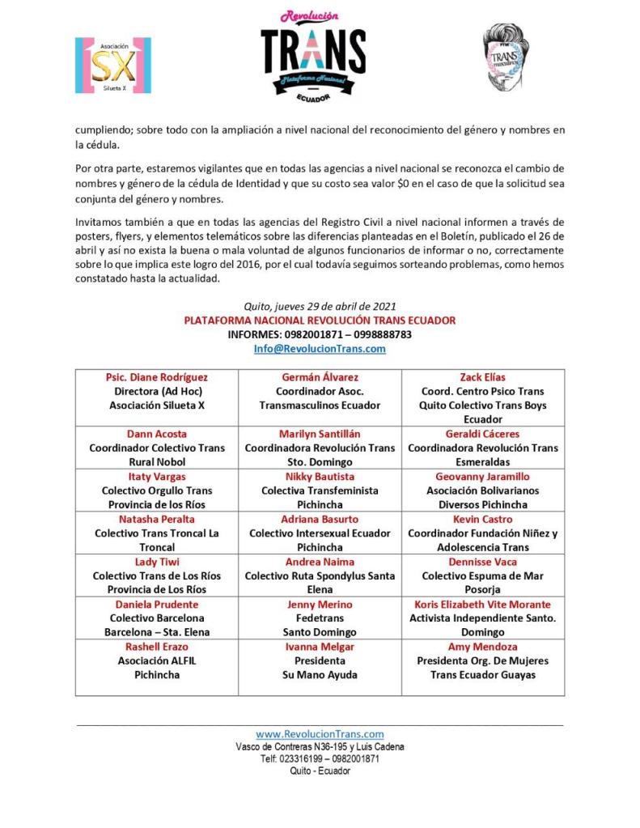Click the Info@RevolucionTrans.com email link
click(x=320, y=349)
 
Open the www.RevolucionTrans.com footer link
click(x=320, y=734)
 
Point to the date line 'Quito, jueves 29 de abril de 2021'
click(x=320, y=306)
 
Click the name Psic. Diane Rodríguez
click(x=157, y=377)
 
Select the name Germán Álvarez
click(x=320, y=377)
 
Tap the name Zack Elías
click(x=482, y=377)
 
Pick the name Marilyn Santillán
click(x=320, y=434)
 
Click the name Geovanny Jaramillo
click(x=482, y=477)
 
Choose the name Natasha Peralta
click(x=157, y=519)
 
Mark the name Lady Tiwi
click(x=157, y=562)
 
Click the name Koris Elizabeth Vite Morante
click(x=482, y=605)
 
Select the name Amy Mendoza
click(x=482, y=647)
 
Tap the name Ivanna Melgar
click(x=320, y=647)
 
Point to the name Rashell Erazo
click(x=157, y=647)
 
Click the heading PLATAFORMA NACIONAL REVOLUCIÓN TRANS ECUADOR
click(x=320, y=321)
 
